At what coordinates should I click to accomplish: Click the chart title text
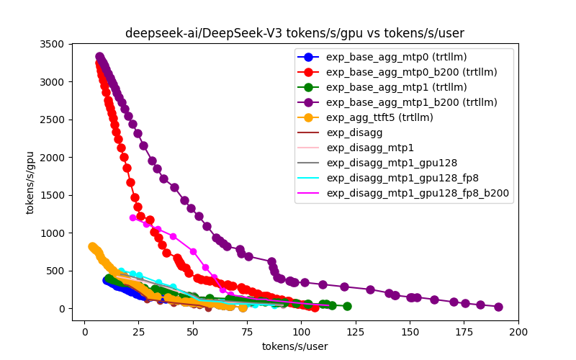294,33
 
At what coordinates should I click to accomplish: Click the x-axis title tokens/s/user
294,346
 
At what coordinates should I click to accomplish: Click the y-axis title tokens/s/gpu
30,182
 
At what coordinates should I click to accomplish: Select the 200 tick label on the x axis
518,332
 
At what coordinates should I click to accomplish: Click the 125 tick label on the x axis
356,332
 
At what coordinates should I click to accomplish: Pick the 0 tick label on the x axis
85,332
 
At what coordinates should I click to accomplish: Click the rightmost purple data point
498,307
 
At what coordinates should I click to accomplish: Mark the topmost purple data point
100,57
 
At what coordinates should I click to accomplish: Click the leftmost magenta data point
133,217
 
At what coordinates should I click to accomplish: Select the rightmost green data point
347,306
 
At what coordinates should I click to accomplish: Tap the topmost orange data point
92,246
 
